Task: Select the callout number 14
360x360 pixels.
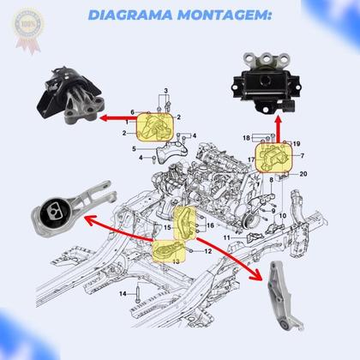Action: click(x=123, y=294)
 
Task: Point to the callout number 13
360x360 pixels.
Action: click(x=176, y=259)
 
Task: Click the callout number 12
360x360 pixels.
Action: click(x=208, y=251)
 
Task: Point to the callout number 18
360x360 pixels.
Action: click(x=246, y=137)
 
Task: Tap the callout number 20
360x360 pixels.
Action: click(x=303, y=174)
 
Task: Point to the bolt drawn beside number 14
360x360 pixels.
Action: click(x=136, y=294)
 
